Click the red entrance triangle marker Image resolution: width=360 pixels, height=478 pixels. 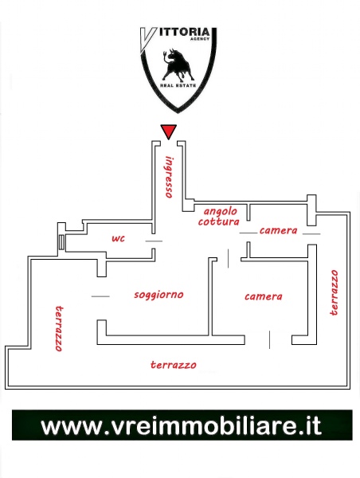(x=169, y=131)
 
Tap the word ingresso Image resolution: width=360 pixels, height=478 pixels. (x=169, y=177)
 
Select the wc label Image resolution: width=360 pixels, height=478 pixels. (x=118, y=238)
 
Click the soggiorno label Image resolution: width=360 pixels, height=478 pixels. (x=158, y=295)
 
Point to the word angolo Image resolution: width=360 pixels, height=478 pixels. (x=221, y=212)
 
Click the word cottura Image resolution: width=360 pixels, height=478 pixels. (x=218, y=221)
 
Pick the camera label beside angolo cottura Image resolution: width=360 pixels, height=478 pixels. (x=278, y=230)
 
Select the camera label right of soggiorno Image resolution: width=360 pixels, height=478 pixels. (x=264, y=296)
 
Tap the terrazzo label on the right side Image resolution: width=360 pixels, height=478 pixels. (x=335, y=292)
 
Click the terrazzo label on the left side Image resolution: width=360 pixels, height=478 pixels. (x=59, y=328)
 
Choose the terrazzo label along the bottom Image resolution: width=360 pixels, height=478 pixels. (x=174, y=365)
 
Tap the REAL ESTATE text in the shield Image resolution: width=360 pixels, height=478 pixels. (x=178, y=86)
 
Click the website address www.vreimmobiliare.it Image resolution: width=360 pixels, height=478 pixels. (x=182, y=425)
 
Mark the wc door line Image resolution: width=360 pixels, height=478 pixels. (x=154, y=241)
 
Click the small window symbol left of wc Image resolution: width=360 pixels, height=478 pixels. (x=62, y=242)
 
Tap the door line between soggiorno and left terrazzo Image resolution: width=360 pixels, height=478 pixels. (x=100, y=296)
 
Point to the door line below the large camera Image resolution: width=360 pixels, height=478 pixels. (x=269, y=339)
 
